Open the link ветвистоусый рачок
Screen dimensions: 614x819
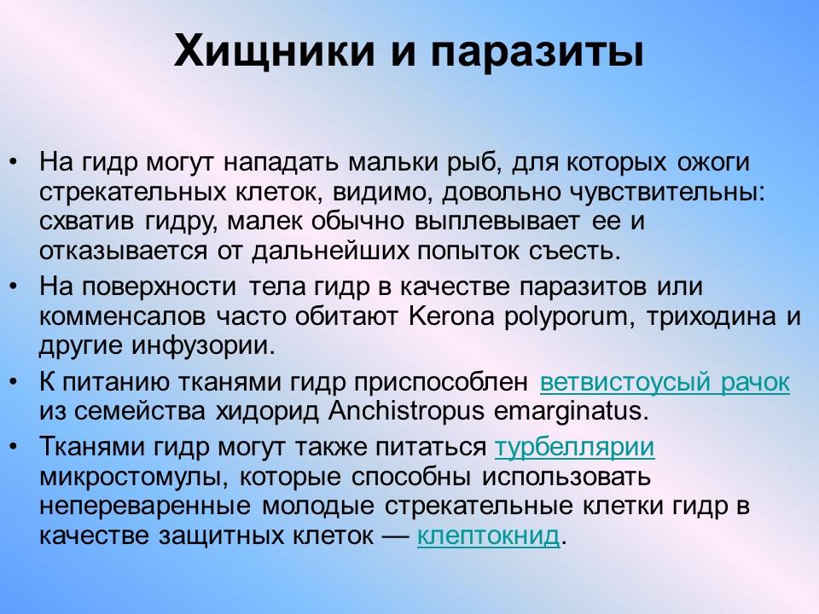point(665,383)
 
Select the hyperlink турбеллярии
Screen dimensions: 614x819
point(575,448)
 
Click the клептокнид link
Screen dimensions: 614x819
point(488,536)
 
